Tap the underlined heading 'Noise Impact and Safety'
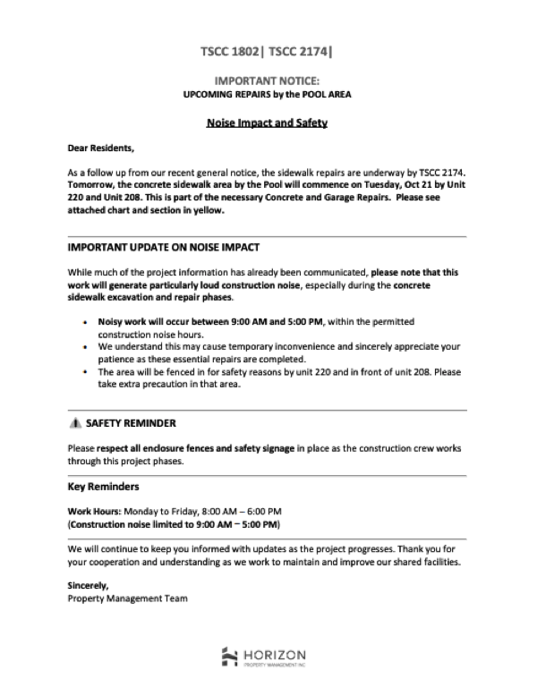click(268, 122)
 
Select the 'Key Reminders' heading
click(103, 488)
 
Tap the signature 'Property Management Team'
click(127, 598)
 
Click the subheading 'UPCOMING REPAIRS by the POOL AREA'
click(268, 93)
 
